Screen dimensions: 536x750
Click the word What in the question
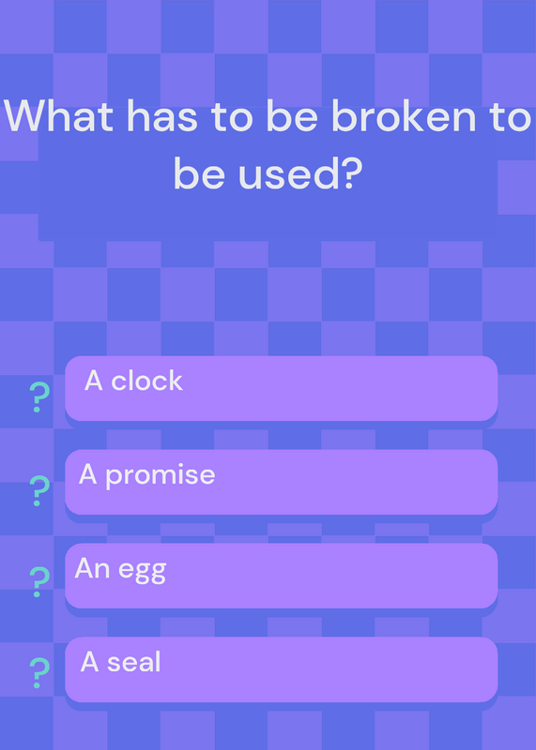[x=59, y=115]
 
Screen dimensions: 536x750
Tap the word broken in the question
[x=403, y=115]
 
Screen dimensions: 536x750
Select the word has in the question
[x=161, y=115]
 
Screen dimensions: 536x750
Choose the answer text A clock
[x=133, y=381]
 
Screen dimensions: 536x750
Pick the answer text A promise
[x=147, y=476]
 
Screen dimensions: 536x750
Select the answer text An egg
[x=121, y=570]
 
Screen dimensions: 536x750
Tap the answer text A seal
[x=121, y=662]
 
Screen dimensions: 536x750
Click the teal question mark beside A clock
[x=39, y=397]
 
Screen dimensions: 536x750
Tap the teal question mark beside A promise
[x=39, y=491]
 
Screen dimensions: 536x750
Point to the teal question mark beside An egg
[x=39, y=582]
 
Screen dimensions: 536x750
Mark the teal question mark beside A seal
[x=39, y=673]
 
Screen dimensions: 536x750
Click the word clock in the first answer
[x=147, y=381]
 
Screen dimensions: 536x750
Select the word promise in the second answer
[x=161, y=476]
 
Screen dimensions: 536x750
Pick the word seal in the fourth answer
[x=134, y=662]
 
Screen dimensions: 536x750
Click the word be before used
[x=199, y=172]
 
